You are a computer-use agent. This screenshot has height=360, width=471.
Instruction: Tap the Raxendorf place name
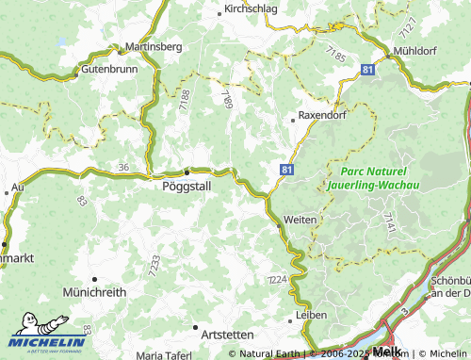322,116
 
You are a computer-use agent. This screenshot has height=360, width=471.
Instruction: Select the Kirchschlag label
251,10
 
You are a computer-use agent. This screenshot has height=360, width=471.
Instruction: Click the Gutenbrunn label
110,70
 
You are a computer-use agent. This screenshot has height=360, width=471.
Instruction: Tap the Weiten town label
300,219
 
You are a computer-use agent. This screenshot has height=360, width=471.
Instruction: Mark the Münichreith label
94,293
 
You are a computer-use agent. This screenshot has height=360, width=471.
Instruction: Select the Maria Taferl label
163,355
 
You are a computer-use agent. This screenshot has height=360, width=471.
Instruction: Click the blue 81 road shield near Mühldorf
365,69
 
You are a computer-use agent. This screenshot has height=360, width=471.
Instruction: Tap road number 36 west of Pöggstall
123,167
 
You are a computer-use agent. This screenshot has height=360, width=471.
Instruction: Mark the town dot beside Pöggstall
187,172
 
